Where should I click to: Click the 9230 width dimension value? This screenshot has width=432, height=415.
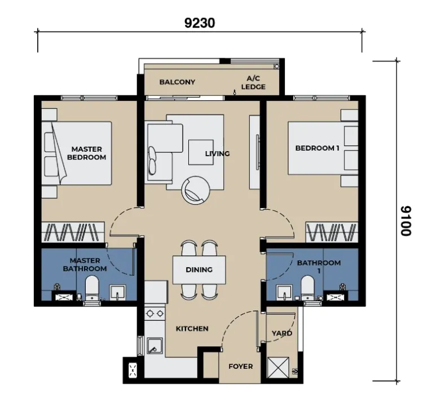point(200,23)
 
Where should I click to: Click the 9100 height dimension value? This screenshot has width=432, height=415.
point(406,221)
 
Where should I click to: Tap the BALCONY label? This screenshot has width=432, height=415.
point(177,82)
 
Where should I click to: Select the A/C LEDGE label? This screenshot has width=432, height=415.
point(253,83)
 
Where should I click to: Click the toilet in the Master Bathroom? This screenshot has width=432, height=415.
point(92,288)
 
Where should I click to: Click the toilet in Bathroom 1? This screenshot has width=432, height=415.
point(307,288)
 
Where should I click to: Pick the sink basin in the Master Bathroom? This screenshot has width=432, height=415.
point(118,292)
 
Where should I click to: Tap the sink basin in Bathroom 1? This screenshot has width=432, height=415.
point(284,292)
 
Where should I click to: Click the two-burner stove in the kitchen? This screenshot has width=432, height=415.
point(155,313)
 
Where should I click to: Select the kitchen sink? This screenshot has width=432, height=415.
point(155,346)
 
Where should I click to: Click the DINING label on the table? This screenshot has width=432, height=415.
point(199,270)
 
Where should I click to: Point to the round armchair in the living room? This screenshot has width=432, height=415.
point(196,190)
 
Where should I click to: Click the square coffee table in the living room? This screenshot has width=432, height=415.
point(201,152)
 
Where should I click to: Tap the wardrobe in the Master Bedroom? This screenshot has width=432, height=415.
point(73,232)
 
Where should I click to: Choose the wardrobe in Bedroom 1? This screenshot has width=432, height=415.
point(332,232)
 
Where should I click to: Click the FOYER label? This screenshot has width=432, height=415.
point(240,367)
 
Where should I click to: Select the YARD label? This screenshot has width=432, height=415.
point(282,333)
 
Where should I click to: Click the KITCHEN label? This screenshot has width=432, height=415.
point(192,329)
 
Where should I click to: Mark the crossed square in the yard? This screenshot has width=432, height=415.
point(278,368)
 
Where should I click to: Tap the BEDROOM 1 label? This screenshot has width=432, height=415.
point(317,148)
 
